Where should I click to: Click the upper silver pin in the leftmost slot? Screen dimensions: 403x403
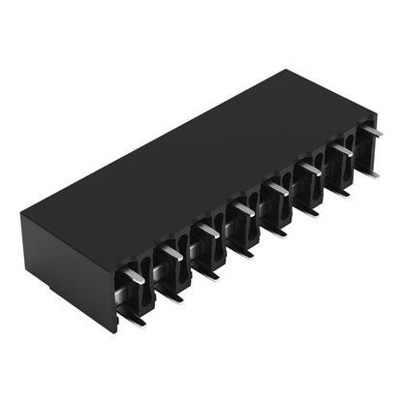135,276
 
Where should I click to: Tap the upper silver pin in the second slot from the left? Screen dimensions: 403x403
171,253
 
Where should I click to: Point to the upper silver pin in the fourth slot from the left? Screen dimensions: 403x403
243,207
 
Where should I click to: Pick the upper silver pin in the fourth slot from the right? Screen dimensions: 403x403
278,187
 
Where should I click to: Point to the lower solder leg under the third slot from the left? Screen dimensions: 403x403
206,273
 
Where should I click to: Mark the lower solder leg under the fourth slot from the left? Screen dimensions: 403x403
242,252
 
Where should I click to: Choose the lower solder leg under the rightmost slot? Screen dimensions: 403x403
372,172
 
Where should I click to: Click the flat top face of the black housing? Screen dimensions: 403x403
194,155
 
